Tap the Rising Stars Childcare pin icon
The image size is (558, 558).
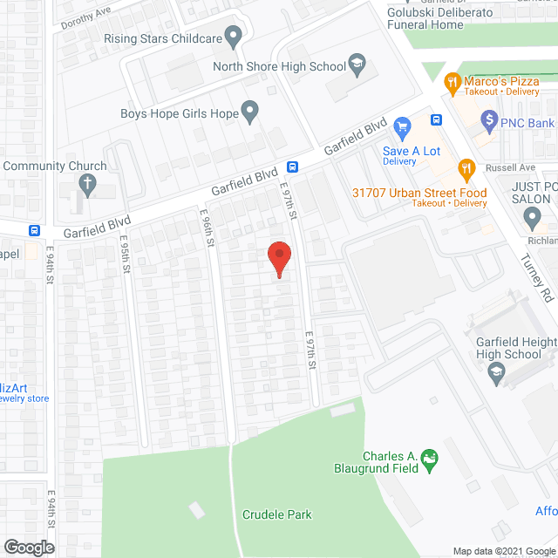tap(233, 37)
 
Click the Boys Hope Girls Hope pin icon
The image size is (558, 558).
tap(250, 111)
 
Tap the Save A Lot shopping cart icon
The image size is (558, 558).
tap(402, 129)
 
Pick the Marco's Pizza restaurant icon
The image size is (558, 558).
tap(452, 84)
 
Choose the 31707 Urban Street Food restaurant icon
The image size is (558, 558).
tap(466, 168)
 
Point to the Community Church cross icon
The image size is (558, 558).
tap(87, 183)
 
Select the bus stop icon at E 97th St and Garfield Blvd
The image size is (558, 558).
tap(294, 167)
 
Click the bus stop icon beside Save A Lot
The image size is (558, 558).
tap(436, 119)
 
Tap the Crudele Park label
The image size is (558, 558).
tap(276, 514)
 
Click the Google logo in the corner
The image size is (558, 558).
tap(29, 548)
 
